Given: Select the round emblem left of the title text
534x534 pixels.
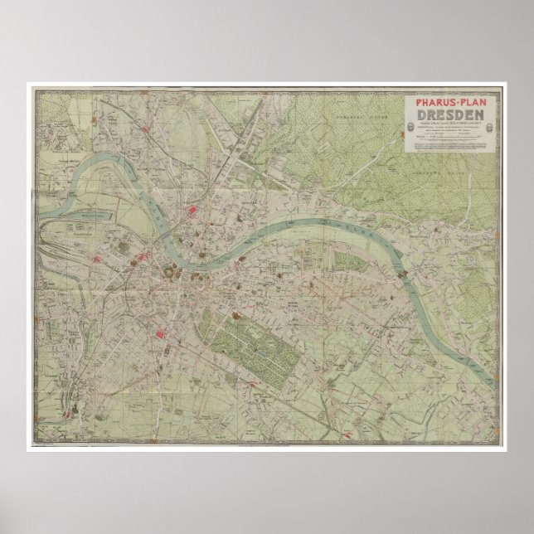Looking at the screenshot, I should point(412,126).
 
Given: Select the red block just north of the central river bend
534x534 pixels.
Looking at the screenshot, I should point(196,211).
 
